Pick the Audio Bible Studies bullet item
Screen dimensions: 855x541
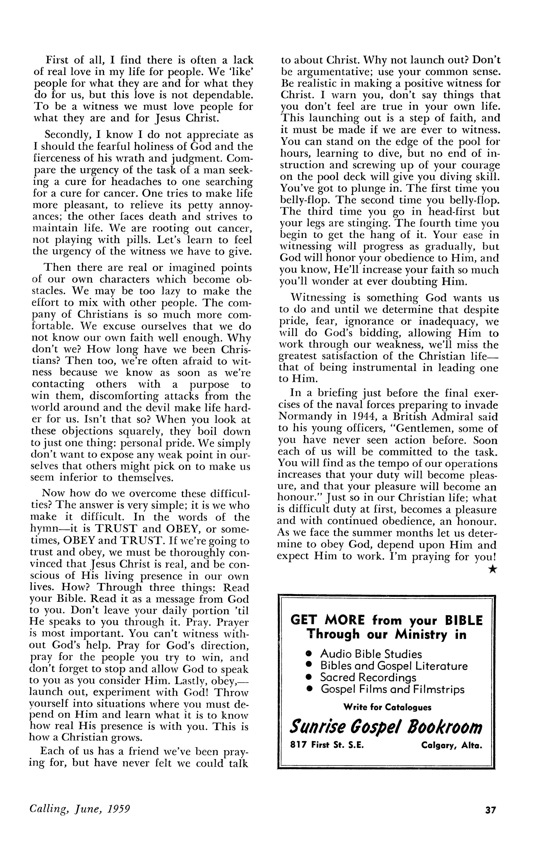point(371,654)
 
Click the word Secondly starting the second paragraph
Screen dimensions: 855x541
point(68,135)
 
